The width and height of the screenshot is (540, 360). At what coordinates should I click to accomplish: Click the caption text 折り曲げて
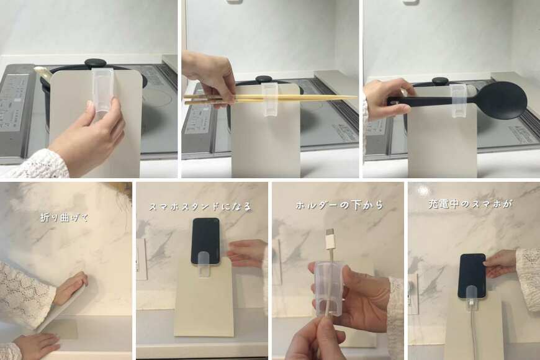pos(65,218)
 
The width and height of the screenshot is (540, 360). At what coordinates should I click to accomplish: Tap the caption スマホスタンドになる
pos(200,207)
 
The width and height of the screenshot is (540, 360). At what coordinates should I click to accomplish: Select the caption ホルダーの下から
pos(340,205)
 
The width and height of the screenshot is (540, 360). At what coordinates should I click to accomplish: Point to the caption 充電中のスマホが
pos(470,204)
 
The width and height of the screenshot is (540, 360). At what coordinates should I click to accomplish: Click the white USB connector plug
pos(330,238)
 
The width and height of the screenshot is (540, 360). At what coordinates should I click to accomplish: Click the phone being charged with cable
pos(472,276)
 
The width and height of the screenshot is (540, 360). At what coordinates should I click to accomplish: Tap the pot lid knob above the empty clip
pos(96,64)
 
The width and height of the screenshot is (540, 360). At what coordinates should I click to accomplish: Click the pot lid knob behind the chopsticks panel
pos(264,79)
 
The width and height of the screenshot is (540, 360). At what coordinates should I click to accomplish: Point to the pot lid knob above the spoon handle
pos(440,81)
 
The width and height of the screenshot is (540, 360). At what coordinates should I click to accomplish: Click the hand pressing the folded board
pos(71,288)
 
